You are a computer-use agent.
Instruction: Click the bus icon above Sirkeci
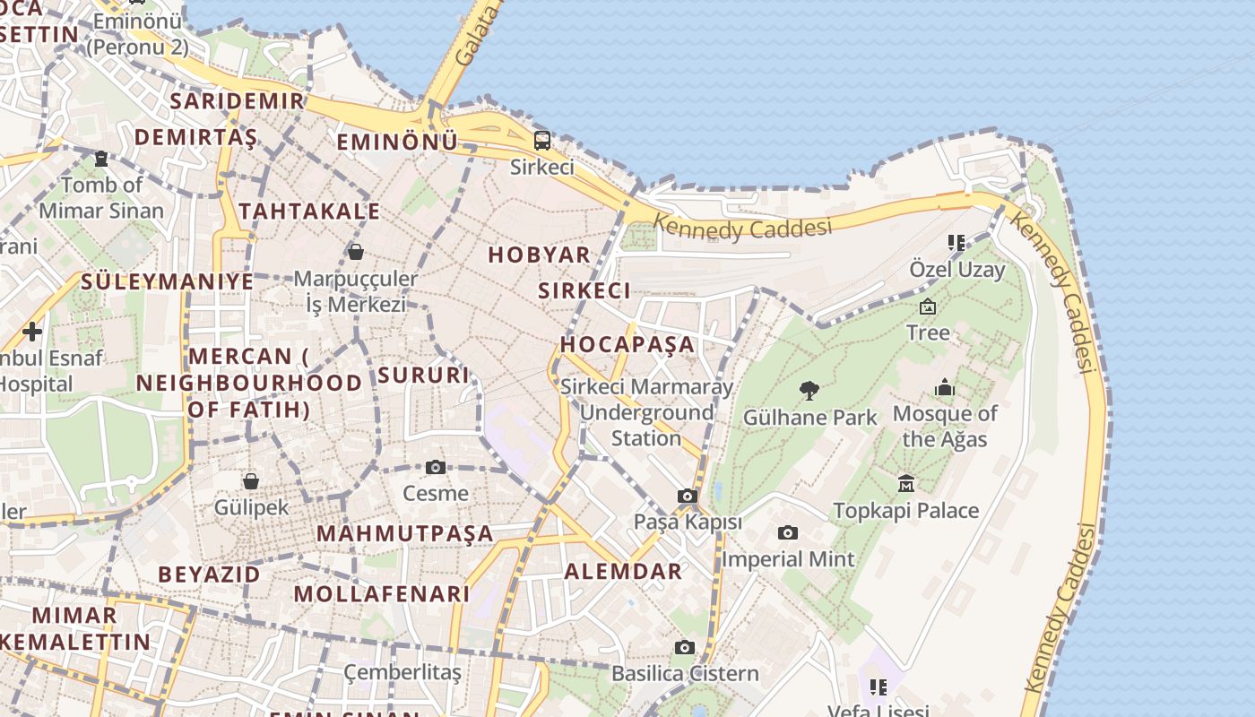542,141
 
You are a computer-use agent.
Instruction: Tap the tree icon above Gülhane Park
809,391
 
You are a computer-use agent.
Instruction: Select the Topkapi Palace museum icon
905,484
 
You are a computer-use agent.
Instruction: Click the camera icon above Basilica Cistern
685,647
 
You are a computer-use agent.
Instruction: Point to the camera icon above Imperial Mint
787,533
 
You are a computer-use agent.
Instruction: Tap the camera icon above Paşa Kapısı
688,497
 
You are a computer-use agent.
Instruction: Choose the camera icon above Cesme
436,467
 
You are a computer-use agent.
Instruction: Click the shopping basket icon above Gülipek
251,481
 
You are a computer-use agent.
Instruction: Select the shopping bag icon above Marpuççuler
356,252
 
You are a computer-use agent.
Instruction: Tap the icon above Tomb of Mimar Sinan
101,159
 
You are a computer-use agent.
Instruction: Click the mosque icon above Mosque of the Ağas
945,388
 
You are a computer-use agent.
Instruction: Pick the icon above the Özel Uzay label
956,242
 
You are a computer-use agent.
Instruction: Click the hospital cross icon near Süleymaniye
32,332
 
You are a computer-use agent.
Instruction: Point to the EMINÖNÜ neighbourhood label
396,142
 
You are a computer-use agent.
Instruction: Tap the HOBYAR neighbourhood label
540,255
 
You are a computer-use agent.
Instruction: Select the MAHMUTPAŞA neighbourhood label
405,534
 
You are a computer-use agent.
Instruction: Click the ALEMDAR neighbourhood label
623,572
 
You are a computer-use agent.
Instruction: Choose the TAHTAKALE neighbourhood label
309,212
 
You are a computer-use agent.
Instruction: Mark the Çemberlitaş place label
402,672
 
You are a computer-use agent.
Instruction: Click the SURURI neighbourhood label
424,375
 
